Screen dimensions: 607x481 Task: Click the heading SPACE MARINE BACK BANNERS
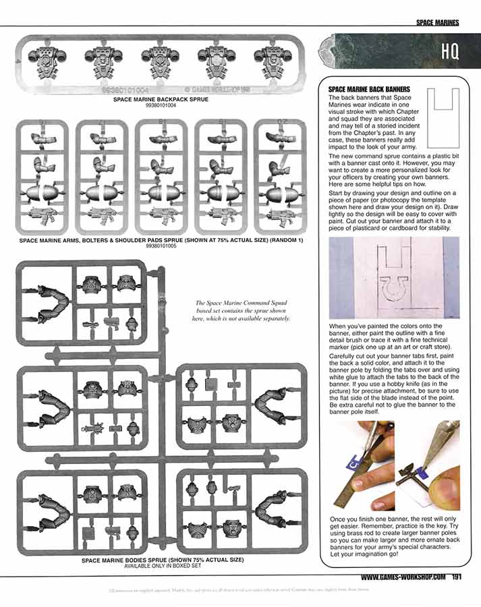[x=369, y=88]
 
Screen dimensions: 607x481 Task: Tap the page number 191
[x=457, y=577]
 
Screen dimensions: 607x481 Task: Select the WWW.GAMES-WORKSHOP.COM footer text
[x=403, y=577]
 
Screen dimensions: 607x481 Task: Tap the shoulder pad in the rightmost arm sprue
[x=278, y=193]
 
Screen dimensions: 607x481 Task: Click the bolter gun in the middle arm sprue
[x=161, y=216]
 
